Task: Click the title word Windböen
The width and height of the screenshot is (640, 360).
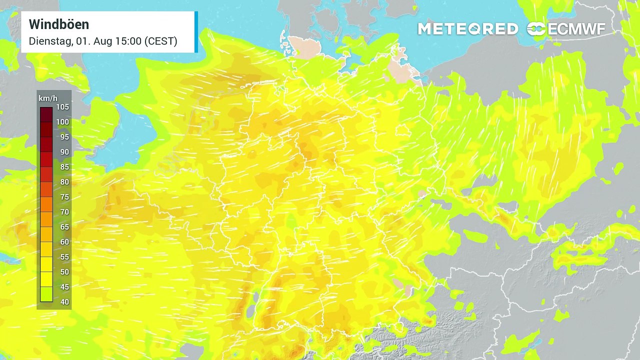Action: pos(59,24)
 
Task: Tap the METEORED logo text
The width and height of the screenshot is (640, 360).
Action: pos(467,29)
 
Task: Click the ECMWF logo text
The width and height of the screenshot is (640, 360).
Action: pos(576,29)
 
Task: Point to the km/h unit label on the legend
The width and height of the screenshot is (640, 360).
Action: pos(48,98)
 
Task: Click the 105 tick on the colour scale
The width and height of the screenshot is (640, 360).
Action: pos(63,107)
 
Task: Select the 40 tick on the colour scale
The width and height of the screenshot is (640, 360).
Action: pos(64,301)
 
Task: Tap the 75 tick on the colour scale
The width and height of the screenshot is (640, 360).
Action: pos(64,197)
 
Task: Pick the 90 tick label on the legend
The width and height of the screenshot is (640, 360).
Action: pos(64,152)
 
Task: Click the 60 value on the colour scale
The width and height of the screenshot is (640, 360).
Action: pos(64,242)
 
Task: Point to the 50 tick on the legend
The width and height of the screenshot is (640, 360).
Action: pos(64,272)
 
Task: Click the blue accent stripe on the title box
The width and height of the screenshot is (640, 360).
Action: pos(196,32)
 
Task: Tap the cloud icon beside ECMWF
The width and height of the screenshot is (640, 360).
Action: pos(536,29)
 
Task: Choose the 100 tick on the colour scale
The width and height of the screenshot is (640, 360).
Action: pos(63,122)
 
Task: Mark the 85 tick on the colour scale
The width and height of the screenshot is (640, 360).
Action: pos(64,167)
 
